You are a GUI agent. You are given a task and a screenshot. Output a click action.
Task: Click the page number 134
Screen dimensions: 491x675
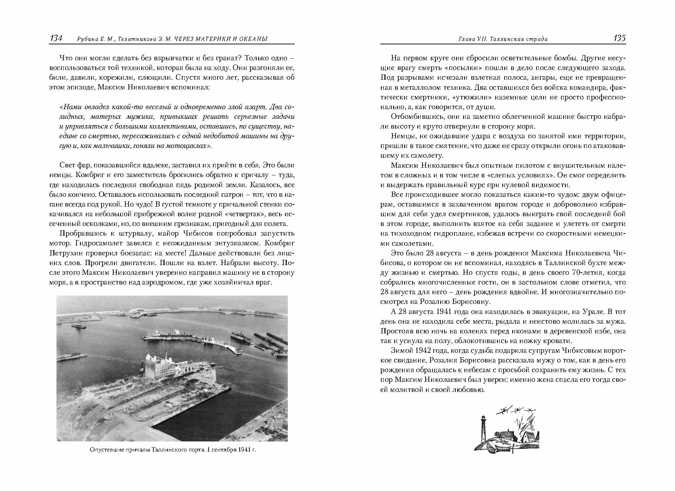tap(56, 38)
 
